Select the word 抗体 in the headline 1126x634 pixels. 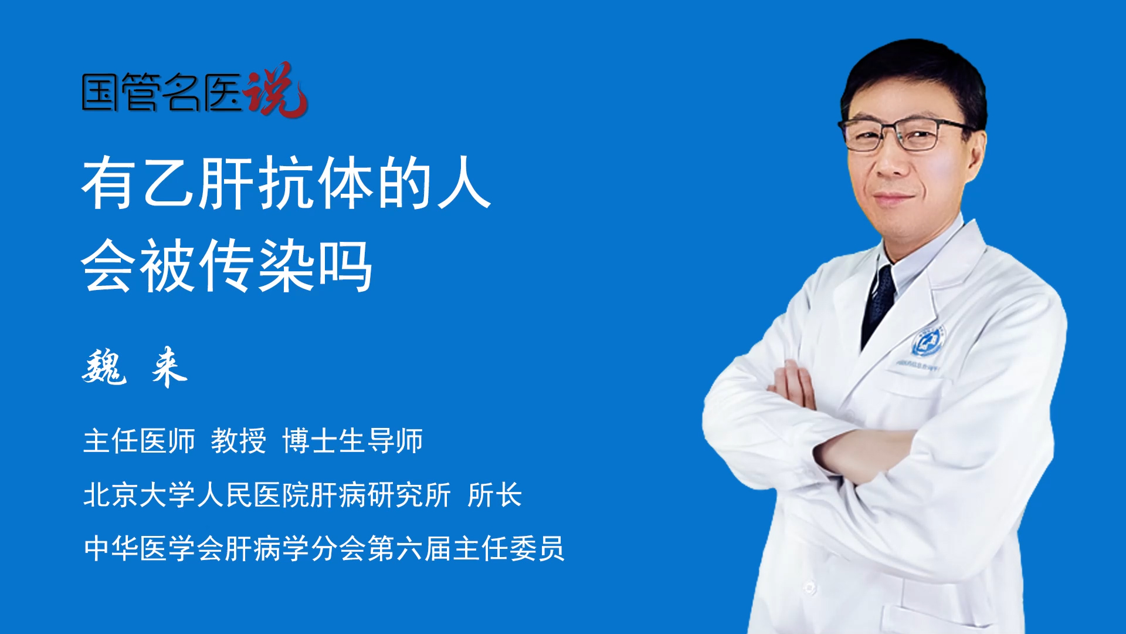point(317,183)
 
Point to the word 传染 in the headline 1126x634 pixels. point(258,265)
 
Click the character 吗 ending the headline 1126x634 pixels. point(345,266)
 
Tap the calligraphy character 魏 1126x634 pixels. point(104,367)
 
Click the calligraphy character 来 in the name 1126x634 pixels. point(169,367)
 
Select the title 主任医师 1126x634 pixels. point(139,441)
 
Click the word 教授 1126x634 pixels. point(239,441)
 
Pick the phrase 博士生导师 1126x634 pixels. point(352,441)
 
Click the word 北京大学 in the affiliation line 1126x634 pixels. point(139,495)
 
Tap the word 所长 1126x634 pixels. point(495,495)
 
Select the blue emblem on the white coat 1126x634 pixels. point(927,342)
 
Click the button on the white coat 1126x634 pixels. point(809,587)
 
